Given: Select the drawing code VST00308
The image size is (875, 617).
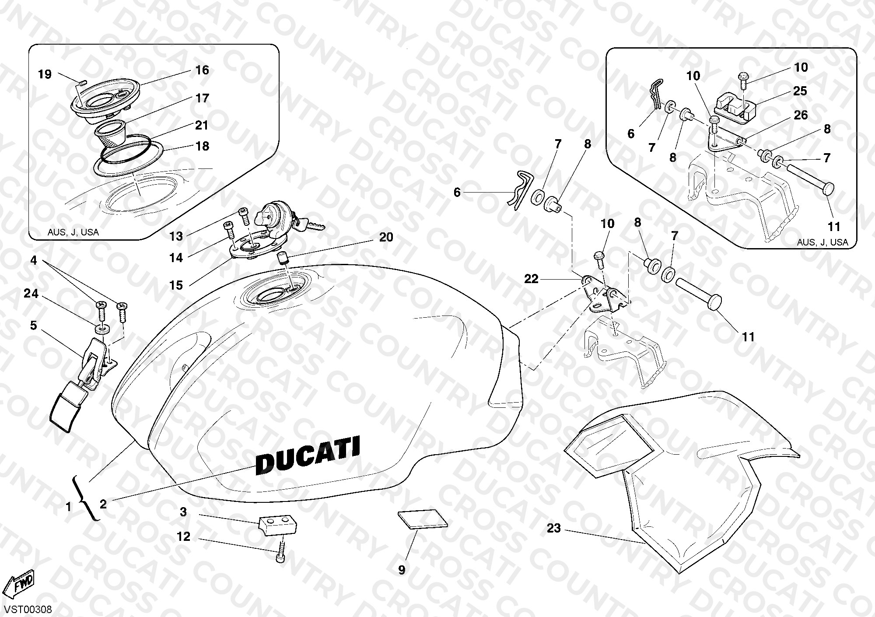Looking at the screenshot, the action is click(27, 609).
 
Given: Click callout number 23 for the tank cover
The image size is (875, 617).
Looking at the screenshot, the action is click(553, 529).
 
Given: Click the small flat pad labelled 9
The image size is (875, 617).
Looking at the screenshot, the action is click(423, 519).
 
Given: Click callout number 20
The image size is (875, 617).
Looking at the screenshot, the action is click(386, 237).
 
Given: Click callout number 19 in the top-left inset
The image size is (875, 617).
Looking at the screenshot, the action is click(45, 74).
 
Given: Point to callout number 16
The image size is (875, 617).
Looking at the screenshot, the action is click(202, 70).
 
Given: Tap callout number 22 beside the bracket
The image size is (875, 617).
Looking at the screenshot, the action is click(531, 279).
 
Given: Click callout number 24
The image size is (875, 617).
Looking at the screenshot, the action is click(31, 294).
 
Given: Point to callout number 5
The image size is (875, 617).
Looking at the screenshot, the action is click(33, 325).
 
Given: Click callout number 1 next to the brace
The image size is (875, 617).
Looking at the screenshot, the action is click(68, 507).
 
